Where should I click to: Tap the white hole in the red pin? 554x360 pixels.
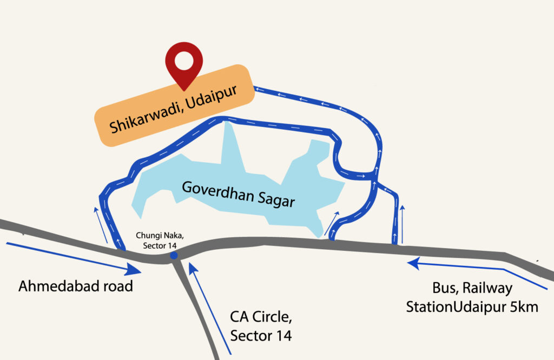click(x=184, y=60)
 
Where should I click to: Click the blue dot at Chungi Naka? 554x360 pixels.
click(x=173, y=255)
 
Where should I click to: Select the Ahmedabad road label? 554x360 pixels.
click(x=76, y=286)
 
